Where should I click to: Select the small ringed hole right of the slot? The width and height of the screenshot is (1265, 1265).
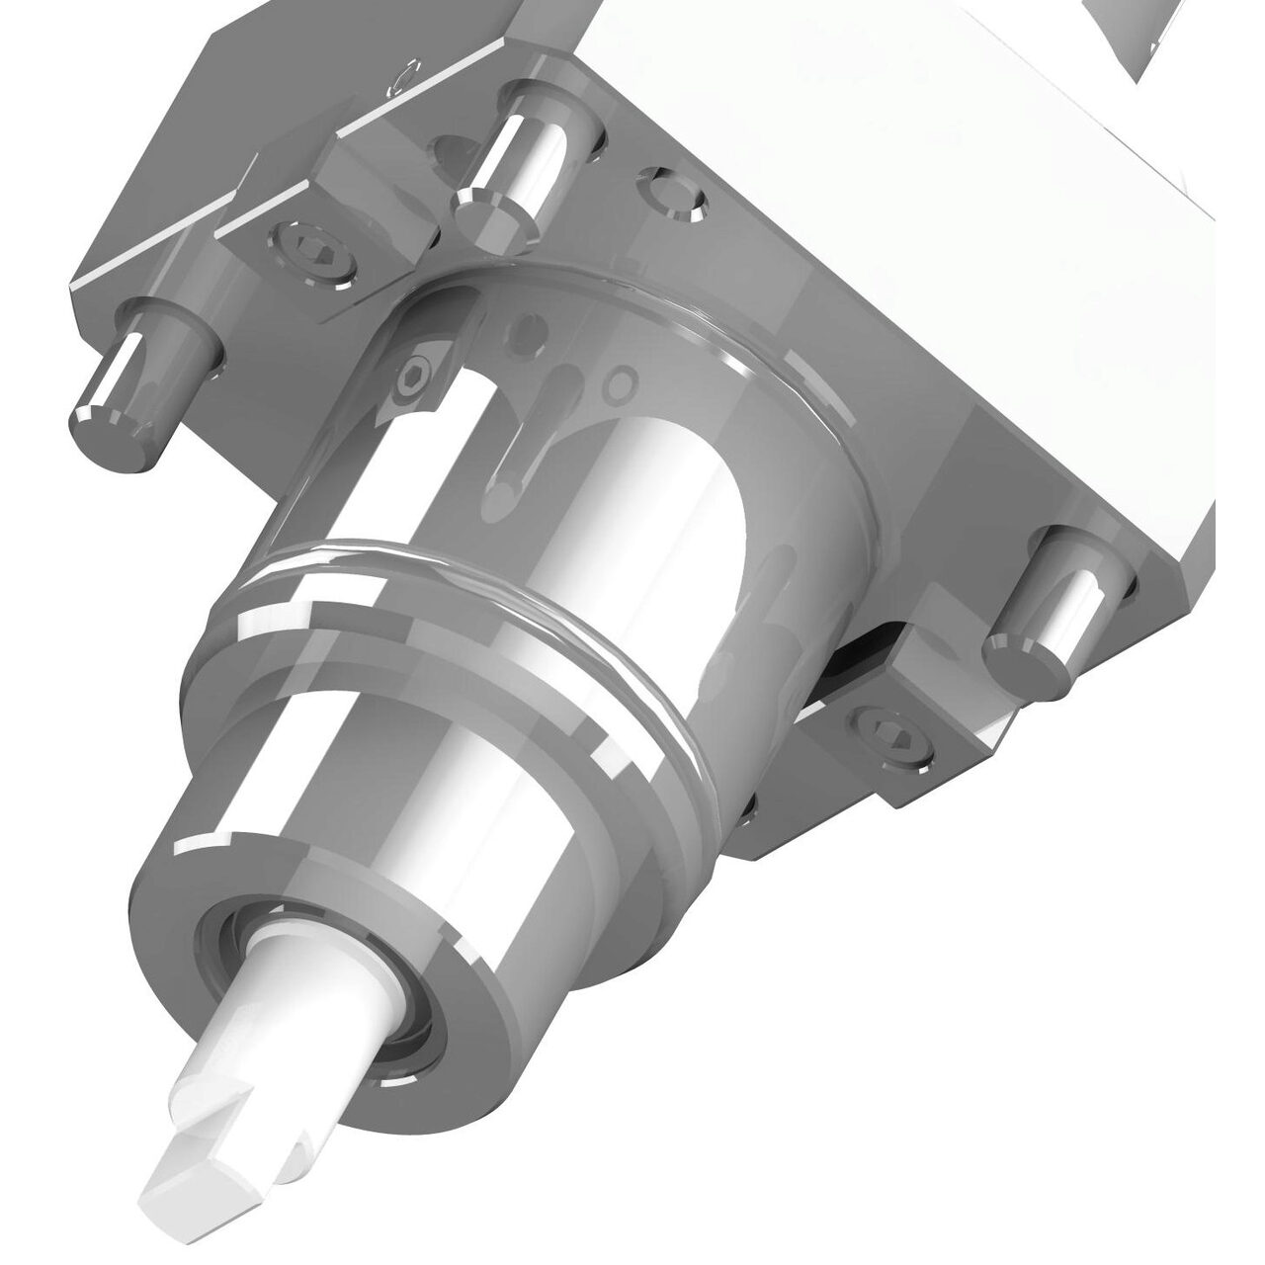click(621, 380)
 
